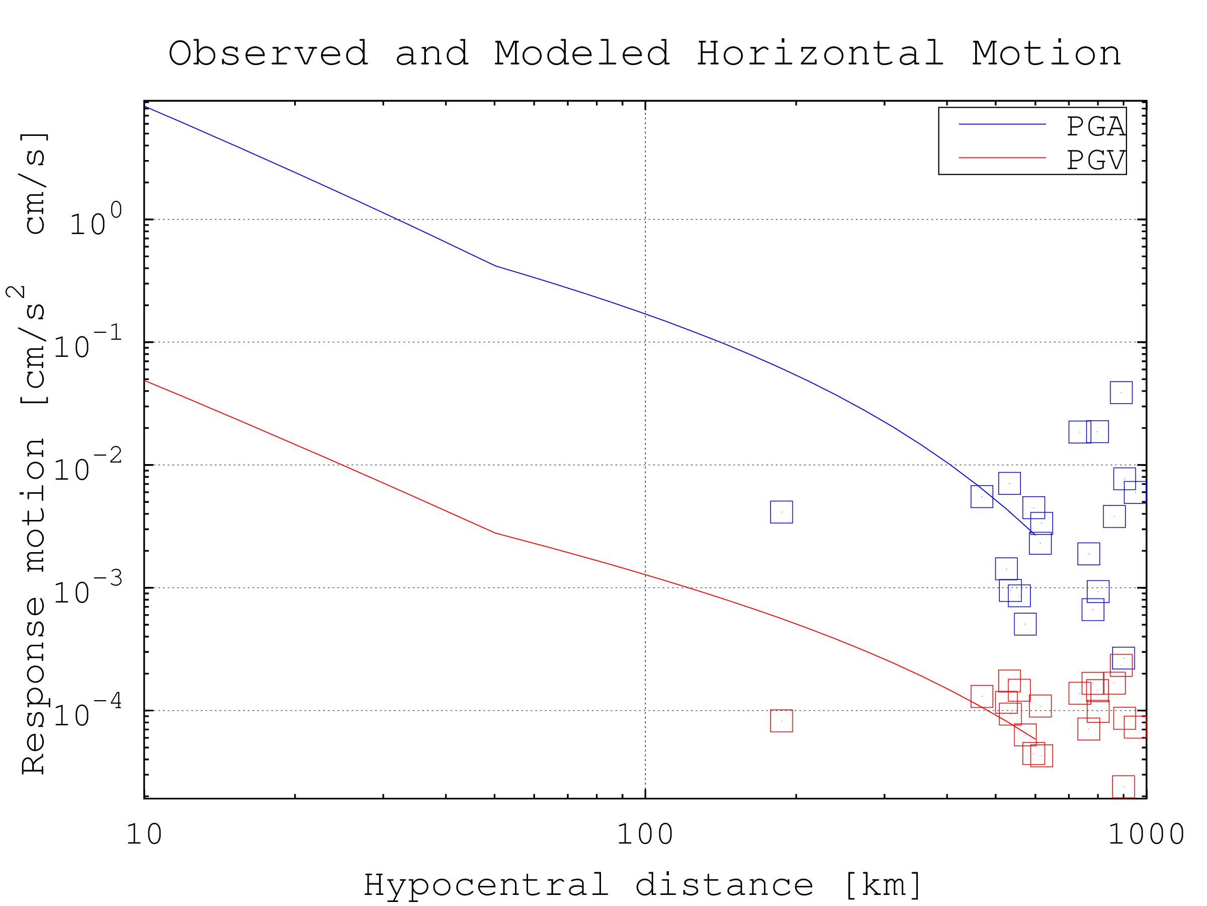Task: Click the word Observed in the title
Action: click(269, 54)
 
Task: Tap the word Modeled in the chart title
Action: click(582, 54)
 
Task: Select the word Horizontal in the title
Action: click(820, 54)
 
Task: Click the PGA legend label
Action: click(1095, 127)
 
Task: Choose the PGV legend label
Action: click(1095, 160)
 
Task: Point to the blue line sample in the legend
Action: click(1002, 124)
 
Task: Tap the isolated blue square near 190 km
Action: click(782, 512)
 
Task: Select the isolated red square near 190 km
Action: click(782, 721)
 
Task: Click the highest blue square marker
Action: click(1122, 393)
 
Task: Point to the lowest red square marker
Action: click(1124, 786)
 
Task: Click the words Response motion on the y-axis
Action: click(34, 606)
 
